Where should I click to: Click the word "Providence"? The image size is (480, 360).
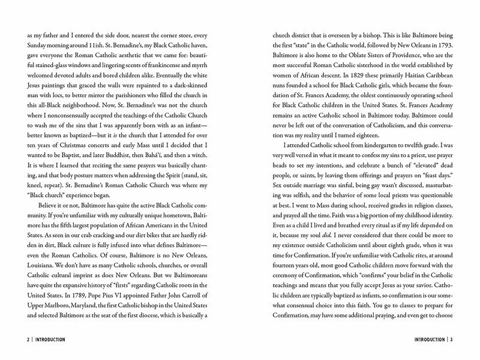406,59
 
